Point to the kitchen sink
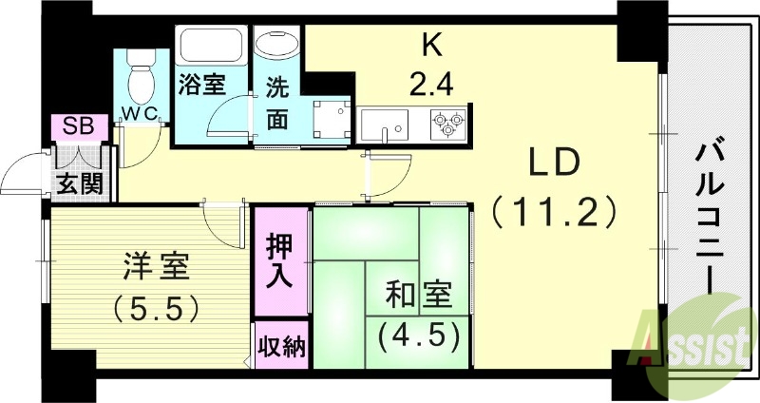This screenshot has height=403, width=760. [x=385, y=123]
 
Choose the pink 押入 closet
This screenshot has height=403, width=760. [x=281, y=259]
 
